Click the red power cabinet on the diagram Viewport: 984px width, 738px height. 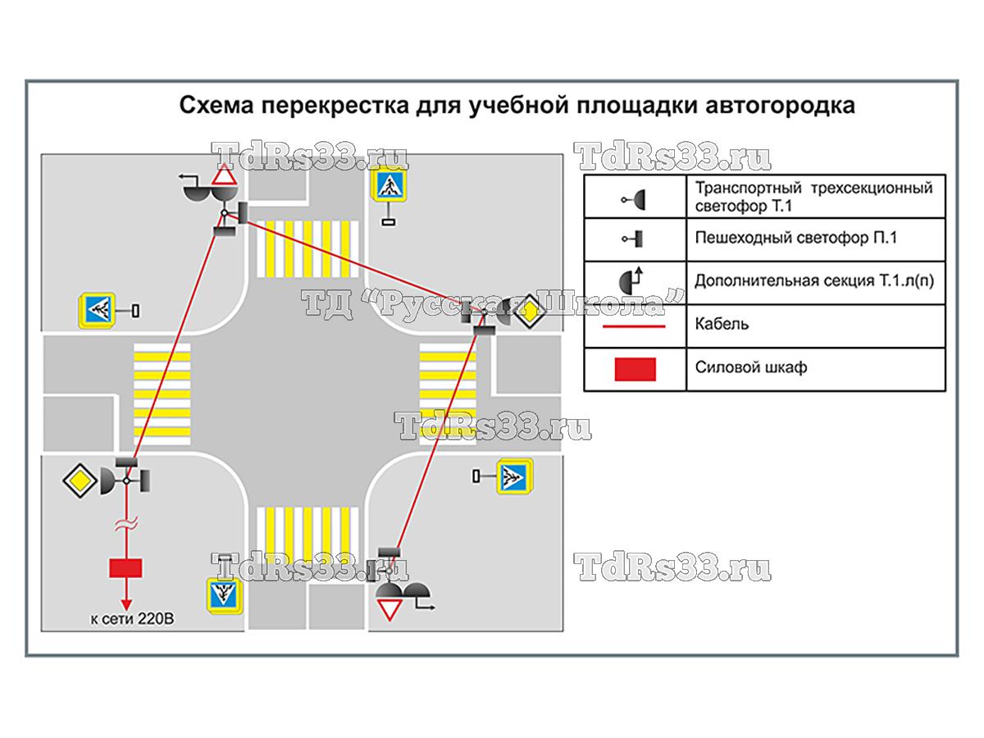[x=125, y=567]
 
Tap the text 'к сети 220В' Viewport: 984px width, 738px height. [x=132, y=618]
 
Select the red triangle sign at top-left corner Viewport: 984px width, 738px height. [x=225, y=177]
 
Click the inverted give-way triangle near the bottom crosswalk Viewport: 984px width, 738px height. [x=389, y=611]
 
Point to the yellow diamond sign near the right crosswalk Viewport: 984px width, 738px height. [x=531, y=312]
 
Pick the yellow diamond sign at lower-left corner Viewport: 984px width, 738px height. [x=80, y=481]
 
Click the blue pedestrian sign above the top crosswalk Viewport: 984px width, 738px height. [x=389, y=187]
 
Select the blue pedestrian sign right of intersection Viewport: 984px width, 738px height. [x=514, y=476]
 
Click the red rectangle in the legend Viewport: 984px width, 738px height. [x=635, y=369]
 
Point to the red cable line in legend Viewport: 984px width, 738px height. [x=635, y=326]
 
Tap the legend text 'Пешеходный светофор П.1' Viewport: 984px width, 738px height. [x=795, y=239]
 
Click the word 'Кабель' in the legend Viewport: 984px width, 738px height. [x=722, y=324]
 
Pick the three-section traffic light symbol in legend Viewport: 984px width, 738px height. [x=635, y=199]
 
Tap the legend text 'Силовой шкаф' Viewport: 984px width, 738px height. [x=750, y=367]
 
